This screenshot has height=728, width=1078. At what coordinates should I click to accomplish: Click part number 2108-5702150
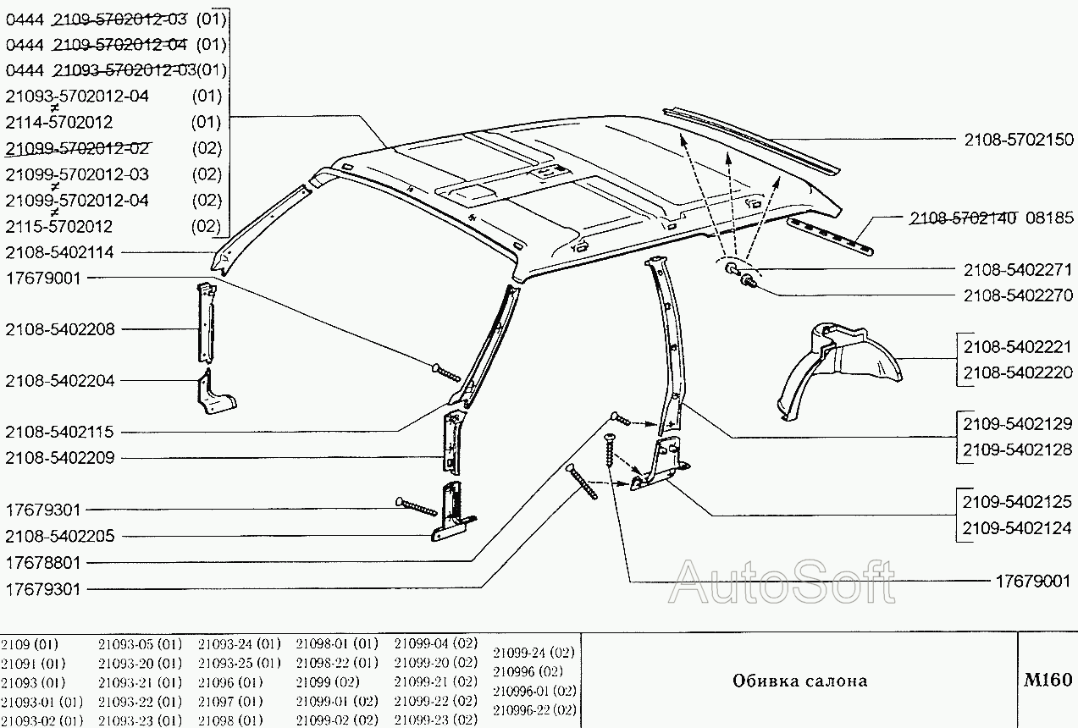click(1018, 140)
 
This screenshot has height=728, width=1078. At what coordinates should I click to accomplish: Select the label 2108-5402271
click(1018, 270)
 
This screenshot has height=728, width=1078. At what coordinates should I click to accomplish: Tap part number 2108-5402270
click(1018, 295)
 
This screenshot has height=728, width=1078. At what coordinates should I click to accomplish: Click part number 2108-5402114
click(59, 251)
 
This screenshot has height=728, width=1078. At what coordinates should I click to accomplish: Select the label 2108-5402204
click(59, 381)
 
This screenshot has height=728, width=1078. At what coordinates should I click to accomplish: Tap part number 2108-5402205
click(59, 536)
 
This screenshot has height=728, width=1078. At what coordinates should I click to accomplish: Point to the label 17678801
click(43, 562)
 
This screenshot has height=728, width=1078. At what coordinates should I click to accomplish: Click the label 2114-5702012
click(59, 122)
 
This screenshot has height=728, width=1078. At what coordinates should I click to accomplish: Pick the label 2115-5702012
click(59, 227)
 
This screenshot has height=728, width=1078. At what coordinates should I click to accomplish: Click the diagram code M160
click(1048, 680)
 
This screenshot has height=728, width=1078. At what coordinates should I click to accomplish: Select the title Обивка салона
click(799, 681)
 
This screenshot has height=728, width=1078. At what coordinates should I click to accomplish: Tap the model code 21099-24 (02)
click(533, 652)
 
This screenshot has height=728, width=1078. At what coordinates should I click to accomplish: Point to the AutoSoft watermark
click(781, 582)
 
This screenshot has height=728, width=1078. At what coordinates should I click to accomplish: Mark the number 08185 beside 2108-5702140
click(1050, 218)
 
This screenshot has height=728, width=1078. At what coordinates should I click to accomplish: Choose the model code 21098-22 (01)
click(336, 662)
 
